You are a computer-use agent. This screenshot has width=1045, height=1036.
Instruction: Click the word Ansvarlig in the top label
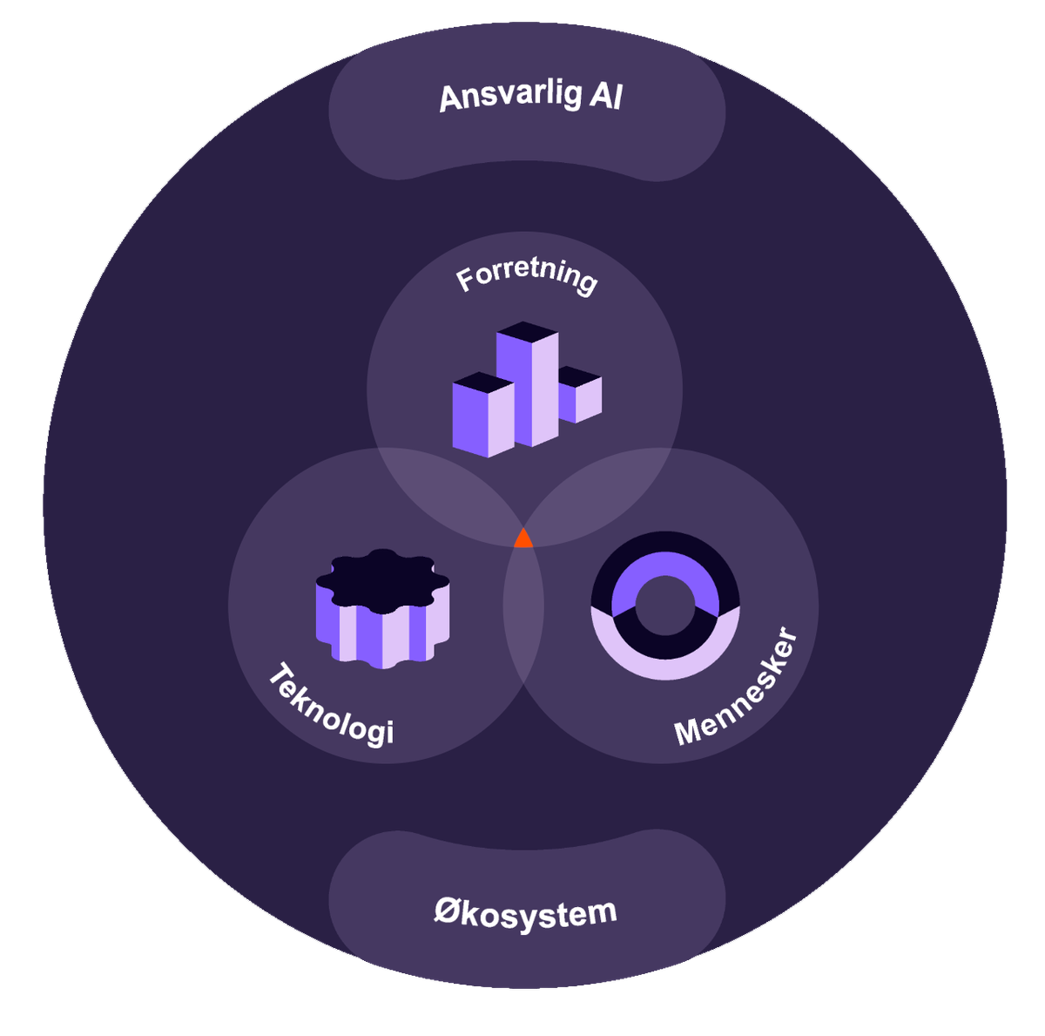pos(509,97)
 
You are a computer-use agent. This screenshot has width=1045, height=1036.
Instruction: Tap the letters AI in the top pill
pos(604,95)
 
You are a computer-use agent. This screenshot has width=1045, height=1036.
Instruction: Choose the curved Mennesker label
pos(737,688)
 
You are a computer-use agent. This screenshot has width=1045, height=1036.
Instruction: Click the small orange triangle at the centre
pos(522,539)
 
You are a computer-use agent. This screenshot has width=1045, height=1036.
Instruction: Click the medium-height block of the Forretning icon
pos(483,418)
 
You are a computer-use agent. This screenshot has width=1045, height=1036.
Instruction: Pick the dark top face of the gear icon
pos(382,579)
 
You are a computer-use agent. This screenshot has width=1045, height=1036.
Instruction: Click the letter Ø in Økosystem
pos(446,913)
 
